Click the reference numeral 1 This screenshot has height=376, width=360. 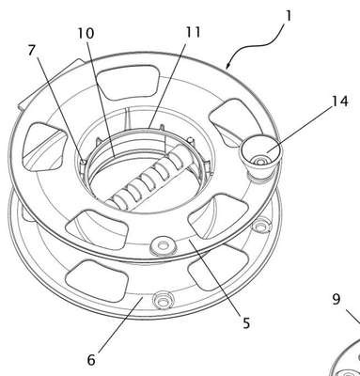289,16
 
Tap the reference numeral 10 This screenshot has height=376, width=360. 86,33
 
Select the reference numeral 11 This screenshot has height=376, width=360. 193,32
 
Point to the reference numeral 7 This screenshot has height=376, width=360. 31,51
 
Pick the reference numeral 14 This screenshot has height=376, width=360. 340,102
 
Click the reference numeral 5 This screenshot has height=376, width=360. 246,322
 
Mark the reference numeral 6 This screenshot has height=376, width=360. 91,360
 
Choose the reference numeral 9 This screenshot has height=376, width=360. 336,300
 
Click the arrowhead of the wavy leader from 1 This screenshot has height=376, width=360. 227,66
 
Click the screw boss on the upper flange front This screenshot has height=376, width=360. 163,245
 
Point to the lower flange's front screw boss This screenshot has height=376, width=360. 163,301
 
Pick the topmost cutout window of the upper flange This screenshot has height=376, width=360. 127,82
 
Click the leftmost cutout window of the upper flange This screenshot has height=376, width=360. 44,147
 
